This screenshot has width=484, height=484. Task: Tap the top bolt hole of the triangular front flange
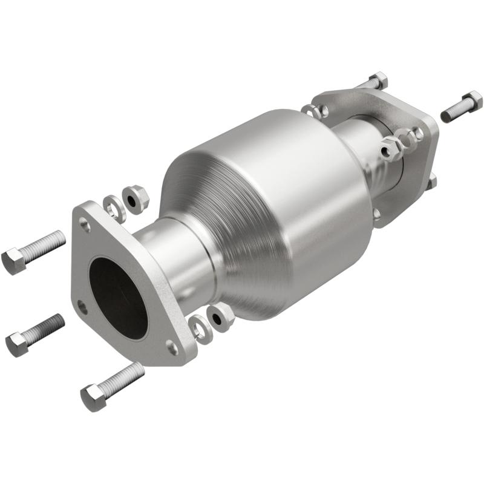(x=86, y=226)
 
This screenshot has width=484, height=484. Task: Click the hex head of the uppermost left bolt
(x=13, y=261)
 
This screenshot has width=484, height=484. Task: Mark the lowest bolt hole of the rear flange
(x=378, y=212)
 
